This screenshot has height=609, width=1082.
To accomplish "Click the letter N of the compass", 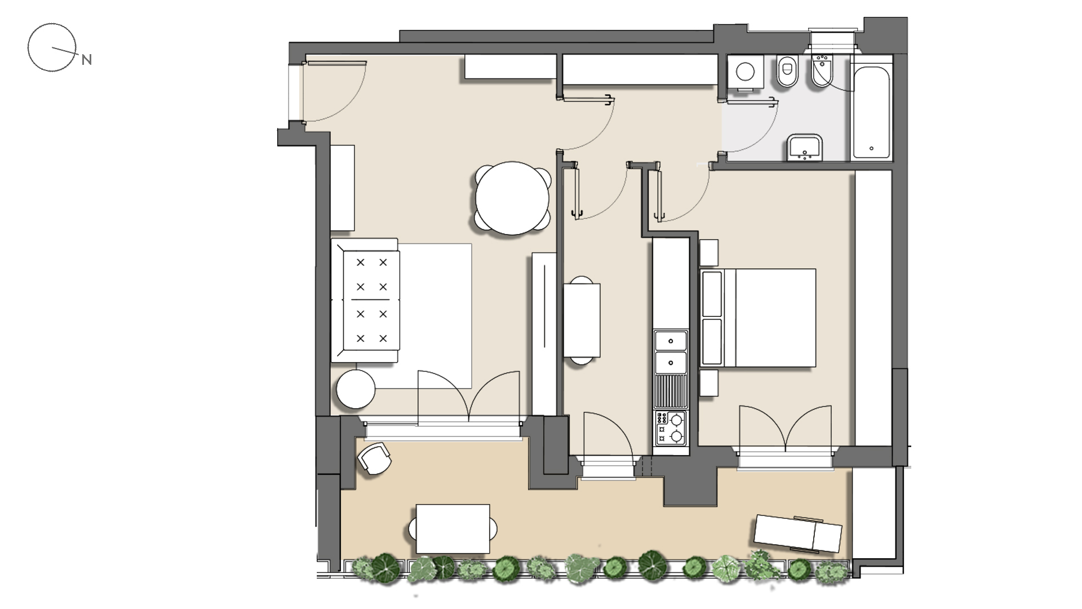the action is [x=86, y=59].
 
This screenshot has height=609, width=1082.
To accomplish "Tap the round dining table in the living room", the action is [x=512, y=198].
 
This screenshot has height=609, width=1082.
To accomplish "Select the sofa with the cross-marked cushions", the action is [x=366, y=301].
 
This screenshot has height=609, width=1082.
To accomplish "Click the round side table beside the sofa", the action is [x=356, y=389].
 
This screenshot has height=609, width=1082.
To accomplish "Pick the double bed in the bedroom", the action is [x=758, y=318].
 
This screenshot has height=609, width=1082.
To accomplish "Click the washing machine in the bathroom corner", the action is [x=746, y=72].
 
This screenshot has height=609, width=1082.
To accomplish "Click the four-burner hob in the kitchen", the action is [x=671, y=429].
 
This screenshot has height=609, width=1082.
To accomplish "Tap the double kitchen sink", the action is [x=671, y=352].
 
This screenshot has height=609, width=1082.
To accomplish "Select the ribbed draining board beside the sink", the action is [x=671, y=392].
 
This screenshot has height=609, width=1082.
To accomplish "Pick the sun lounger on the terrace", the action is [x=798, y=533].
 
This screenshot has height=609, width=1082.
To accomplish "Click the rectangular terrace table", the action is [x=453, y=529].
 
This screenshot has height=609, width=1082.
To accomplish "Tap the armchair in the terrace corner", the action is [x=374, y=458].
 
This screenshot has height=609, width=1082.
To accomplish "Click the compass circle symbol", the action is [x=52, y=47].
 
